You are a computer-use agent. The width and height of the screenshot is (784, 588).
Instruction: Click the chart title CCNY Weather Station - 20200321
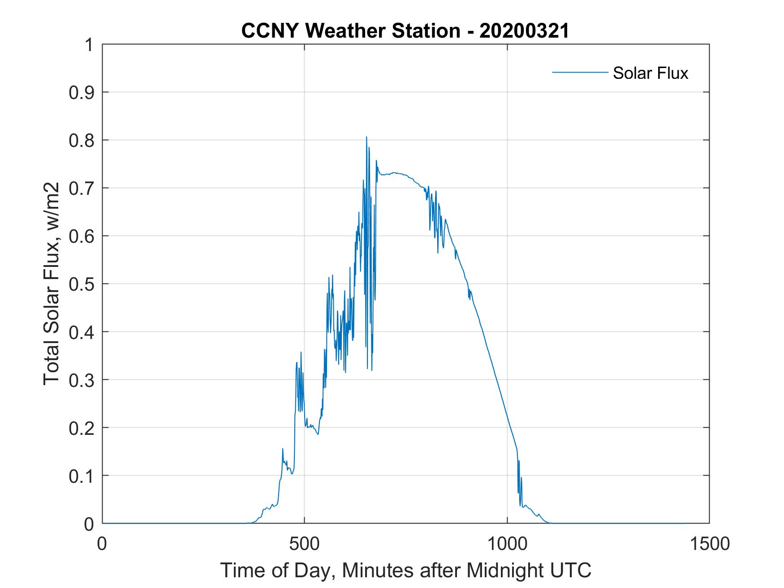(405, 31)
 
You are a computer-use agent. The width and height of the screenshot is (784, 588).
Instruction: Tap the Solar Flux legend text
(650, 73)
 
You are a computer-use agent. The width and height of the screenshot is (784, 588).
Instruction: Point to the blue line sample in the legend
(580, 72)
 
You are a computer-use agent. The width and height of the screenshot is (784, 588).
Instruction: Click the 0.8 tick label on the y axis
(82, 141)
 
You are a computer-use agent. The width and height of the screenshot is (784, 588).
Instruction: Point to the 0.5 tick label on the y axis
(82, 284)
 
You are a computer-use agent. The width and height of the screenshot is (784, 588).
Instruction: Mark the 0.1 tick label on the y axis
(82, 476)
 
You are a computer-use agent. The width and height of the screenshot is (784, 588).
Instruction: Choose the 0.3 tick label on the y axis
(82, 380)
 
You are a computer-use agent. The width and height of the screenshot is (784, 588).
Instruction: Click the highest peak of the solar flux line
(366, 137)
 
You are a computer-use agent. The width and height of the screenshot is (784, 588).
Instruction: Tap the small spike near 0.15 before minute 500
(283, 449)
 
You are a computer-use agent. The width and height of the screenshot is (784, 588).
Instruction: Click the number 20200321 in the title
(524, 31)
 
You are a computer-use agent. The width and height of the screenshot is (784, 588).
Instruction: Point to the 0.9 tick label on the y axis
(82, 93)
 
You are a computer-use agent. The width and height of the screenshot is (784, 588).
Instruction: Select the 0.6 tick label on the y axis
(82, 236)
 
